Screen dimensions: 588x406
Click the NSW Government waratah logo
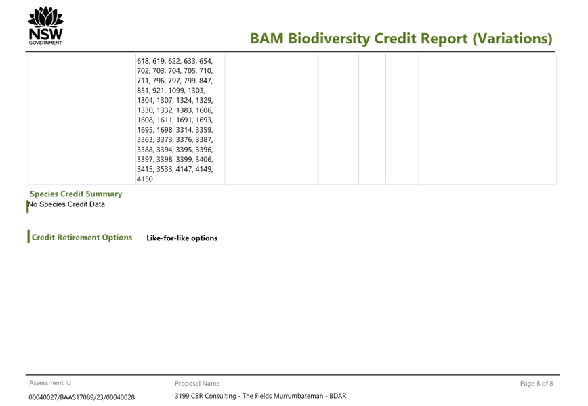pyautogui.click(x=46, y=26)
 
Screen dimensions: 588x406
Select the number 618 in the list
pyautogui.click(x=143, y=61)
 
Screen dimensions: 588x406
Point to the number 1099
pyautogui.click(x=176, y=91)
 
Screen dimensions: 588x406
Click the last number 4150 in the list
pyautogui.click(x=145, y=179)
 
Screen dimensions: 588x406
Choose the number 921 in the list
pyautogui.click(x=159, y=91)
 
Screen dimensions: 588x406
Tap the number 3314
pyautogui.click(x=184, y=130)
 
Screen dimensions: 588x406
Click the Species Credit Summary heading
pyautogui.click(x=76, y=194)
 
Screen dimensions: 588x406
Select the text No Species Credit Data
pyautogui.click(x=66, y=204)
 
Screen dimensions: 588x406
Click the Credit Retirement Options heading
pyautogui.click(x=82, y=238)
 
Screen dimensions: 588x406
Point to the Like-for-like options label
pyautogui.click(x=182, y=238)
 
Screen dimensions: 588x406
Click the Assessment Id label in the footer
pyautogui.click(x=50, y=383)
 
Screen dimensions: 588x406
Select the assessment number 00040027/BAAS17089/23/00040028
pyautogui.click(x=82, y=397)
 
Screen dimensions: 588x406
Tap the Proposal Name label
pyautogui.click(x=197, y=384)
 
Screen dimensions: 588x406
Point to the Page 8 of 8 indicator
pyautogui.click(x=537, y=384)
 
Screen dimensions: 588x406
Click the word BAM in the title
pyautogui.click(x=267, y=39)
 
